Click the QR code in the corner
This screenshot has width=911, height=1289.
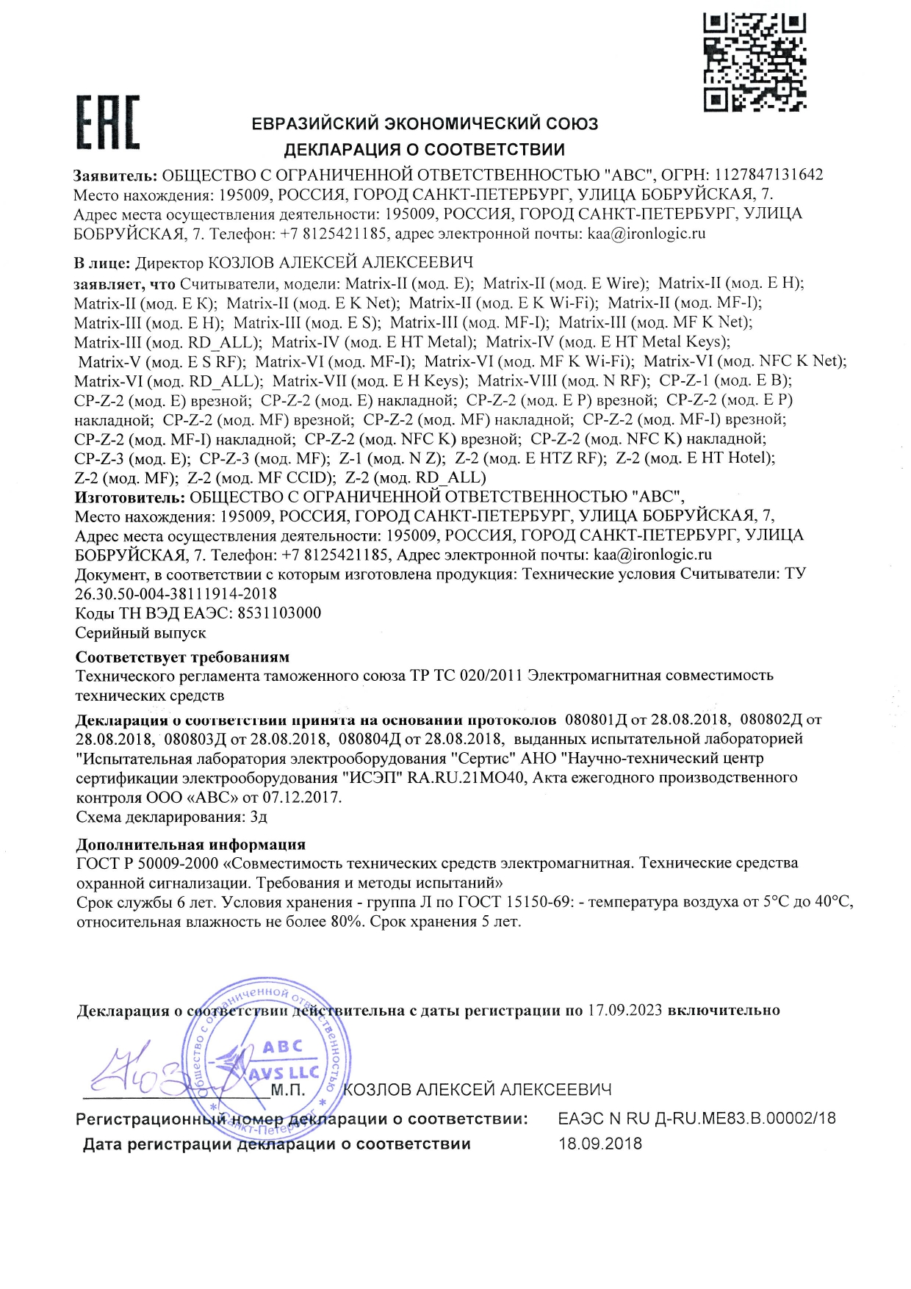(755, 62)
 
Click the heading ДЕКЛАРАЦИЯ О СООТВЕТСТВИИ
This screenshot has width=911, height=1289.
(424, 150)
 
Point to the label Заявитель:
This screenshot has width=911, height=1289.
(115, 176)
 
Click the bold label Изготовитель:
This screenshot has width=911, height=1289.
(130, 497)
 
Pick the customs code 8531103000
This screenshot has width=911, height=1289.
(279, 613)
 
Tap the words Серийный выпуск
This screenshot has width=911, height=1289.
(140, 633)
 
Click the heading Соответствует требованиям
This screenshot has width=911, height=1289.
(182, 657)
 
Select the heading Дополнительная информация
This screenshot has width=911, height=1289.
(190, 845)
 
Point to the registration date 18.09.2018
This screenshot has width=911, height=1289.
(600, 1144)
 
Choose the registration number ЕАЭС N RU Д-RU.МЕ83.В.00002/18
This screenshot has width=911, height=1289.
(696, 1119)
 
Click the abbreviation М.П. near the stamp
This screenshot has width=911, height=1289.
(287, 1090)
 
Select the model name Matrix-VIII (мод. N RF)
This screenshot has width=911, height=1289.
(563, 381)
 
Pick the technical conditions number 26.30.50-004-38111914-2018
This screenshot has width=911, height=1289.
(176, 593)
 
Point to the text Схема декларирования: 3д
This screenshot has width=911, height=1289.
(171, 817)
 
